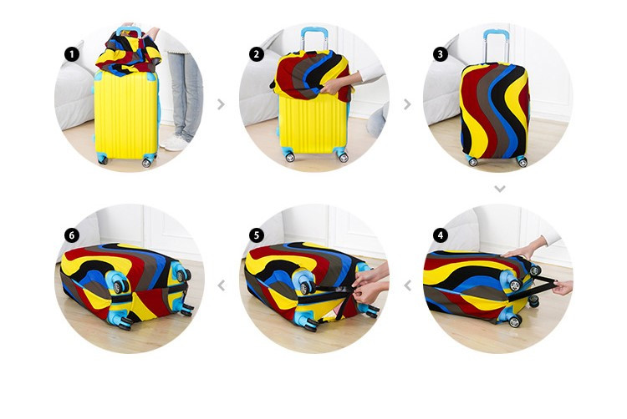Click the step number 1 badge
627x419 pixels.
point(72,54)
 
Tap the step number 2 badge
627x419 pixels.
point(257,54)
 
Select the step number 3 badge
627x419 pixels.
point(441,54)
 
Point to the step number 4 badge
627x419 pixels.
point(441,235)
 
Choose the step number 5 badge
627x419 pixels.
point(257,235)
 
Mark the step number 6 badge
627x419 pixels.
point(72,235)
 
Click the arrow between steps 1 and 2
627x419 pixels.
point(222,104)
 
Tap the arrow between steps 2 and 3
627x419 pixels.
point(407,104)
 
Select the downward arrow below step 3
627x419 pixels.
point(500,189)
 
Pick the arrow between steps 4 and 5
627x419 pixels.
point(407,285)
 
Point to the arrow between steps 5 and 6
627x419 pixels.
point(222,285)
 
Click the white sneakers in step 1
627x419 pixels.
point(175,143)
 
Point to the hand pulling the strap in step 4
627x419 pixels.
point(563,287)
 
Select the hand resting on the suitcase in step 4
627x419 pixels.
point(520,251)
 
